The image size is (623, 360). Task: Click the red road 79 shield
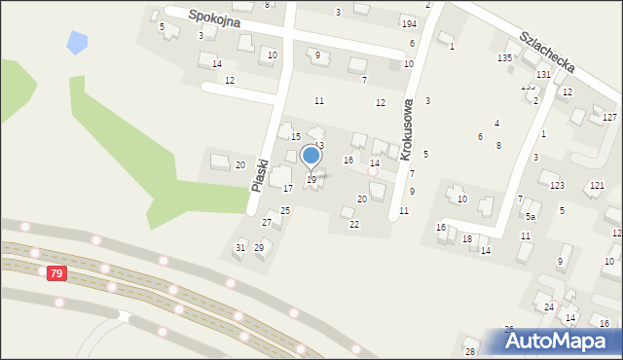point(56,273)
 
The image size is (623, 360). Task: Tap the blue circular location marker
point(311,155)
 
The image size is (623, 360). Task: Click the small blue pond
point(76,43)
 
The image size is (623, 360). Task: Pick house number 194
point(409,22)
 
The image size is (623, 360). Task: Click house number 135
point(504,58)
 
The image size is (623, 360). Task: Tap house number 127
point(609,117)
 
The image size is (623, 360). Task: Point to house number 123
point(557,185)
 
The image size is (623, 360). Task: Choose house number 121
point(597,185)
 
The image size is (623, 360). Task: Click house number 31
point(240,247)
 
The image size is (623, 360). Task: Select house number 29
point(259,247)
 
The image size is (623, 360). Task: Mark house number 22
point(354,224)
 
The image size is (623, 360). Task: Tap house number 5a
point(531,217)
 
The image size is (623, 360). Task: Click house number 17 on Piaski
point(288,188)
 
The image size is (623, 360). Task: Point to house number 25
point(285,210)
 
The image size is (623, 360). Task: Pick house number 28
point(470,351)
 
